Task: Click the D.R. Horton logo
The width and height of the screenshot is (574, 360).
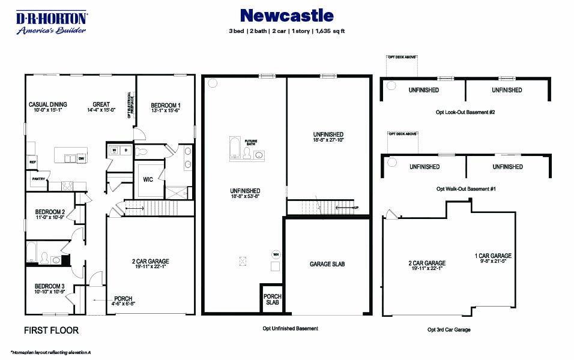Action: tap(51, 23)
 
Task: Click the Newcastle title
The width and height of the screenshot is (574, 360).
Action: tap(286, 15)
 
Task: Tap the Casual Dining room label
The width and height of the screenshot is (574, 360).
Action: tap(48, 104)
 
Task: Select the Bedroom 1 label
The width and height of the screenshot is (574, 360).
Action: tap(165, 106)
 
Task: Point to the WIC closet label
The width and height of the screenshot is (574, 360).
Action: tap(148, 179)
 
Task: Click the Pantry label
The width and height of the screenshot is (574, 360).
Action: tap(38, 178)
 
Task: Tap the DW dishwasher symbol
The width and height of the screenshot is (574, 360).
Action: tap(80, 158)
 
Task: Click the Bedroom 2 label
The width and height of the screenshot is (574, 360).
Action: tap(50, 212)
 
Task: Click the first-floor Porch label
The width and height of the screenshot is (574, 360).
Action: tap(123, 299)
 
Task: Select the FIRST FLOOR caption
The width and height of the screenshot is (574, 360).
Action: tap(51, 330)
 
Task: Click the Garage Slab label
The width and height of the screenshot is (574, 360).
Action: tap(327, 264)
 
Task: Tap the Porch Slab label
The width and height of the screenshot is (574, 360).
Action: tap(273, 299)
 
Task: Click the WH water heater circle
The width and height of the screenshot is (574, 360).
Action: tap(277, 254)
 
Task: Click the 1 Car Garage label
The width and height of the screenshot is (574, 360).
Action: tap(492, 256)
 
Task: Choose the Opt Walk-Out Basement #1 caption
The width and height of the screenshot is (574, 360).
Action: tap(466, 188)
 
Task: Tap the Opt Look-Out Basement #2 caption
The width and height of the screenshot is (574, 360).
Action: tap(466, 112)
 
